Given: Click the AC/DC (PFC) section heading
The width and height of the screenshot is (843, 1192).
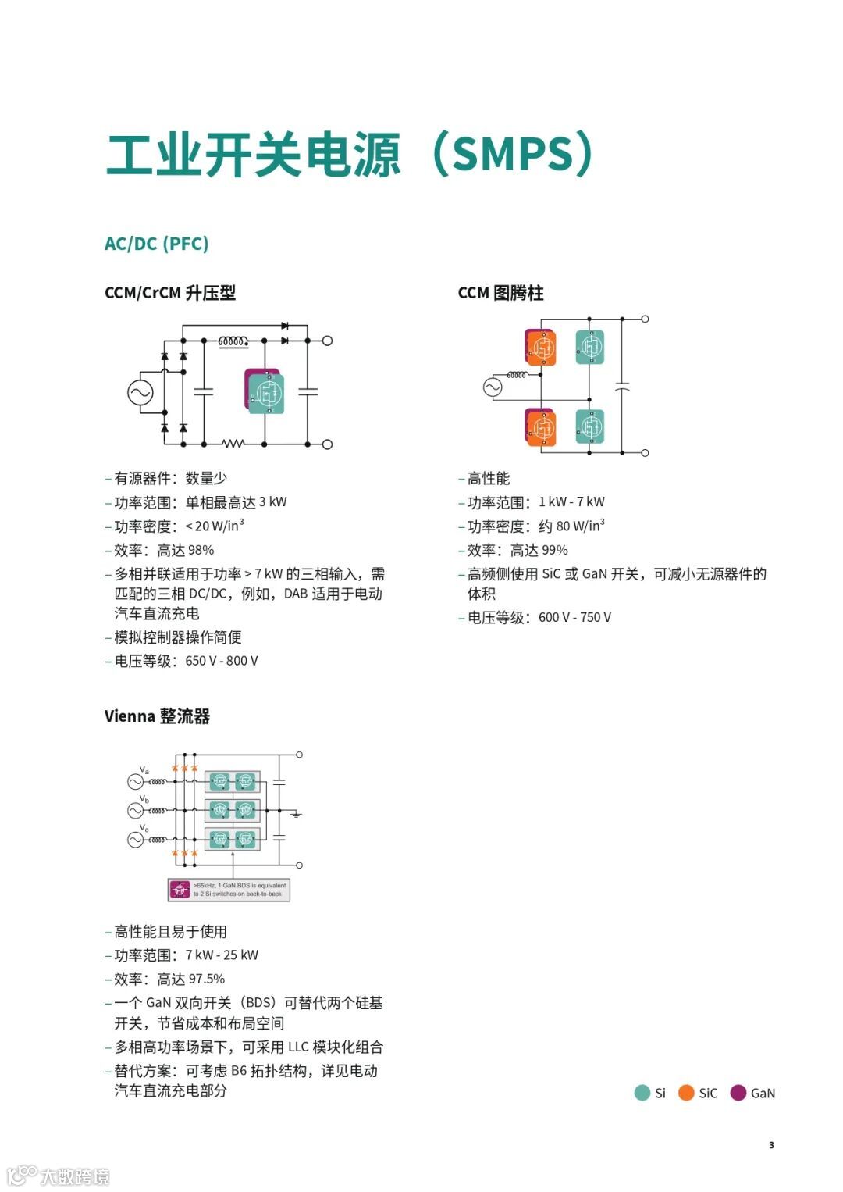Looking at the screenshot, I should coord(156,244).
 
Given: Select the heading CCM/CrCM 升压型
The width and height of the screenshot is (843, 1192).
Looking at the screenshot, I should coord(169,293).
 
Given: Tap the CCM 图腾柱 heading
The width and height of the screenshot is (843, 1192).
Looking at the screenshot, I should coord(500,293).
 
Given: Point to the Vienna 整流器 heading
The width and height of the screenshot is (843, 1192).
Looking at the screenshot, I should coord(157,716).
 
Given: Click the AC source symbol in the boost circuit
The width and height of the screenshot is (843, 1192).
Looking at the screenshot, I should coord(140,392).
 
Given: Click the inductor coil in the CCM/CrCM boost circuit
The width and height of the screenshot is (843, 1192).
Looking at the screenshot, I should coord(233,341).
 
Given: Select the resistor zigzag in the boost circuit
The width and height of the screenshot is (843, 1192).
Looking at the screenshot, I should coord(233,444).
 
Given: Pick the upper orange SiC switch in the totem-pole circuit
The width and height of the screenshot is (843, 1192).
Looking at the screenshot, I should coord(541,348).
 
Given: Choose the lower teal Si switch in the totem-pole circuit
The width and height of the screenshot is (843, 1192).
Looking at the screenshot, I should coord(590,426).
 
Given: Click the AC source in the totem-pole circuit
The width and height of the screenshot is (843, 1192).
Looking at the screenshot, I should coord(493,387).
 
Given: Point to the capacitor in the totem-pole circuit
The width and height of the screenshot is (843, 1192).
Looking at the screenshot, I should coord(622,387).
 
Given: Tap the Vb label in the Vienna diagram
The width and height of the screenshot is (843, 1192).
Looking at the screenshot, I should coord(144,799).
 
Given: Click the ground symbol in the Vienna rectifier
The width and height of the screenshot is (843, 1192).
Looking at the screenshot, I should coord(296,815).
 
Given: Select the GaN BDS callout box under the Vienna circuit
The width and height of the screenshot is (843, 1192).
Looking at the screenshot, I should coord(229,890).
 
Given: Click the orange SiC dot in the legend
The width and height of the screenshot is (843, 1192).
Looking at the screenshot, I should coord(686,1093).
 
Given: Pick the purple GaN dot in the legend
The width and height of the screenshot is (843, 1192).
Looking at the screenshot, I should coord(738,1093).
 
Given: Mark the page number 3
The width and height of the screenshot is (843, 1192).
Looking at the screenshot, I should coord(771,1145).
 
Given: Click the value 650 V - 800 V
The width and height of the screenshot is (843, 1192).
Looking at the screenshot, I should coord(222,661).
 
